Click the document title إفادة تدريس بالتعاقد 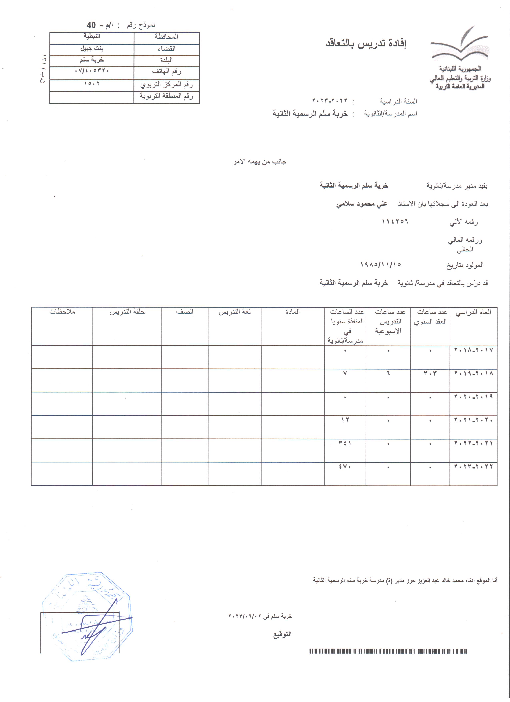(x=366, y=44)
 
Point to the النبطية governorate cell (x=92, y=37)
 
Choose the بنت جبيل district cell (x=92, y=49)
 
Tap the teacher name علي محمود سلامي (x=362, y=204)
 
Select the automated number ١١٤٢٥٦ (x=395, y=222)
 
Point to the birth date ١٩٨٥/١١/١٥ (x=381, y=265)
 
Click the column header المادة (x=293, y=312)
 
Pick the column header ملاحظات (x=62, y=312)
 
